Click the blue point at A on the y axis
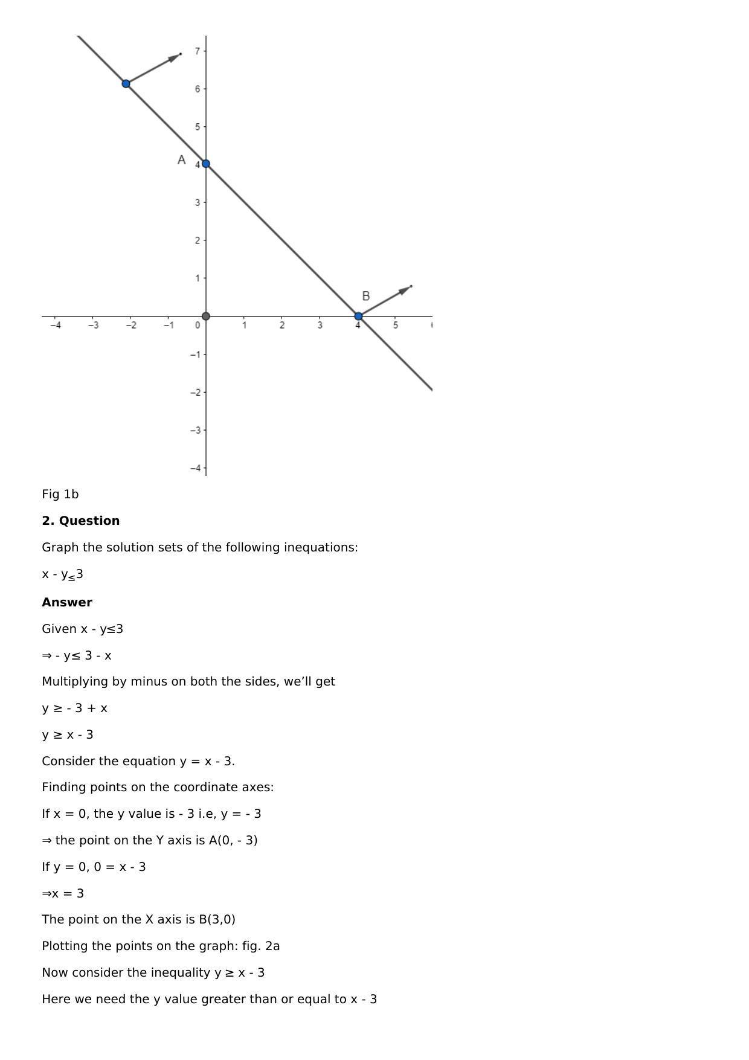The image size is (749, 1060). [x=206, y=164]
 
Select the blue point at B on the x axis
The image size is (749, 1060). [x=358, y=316]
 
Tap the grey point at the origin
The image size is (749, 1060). [x=206, y=316]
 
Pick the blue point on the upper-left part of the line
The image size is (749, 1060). [x=126, y=83]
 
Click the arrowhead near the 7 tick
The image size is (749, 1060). [x=174, y=57]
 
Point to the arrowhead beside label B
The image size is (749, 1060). [x=405, y=290]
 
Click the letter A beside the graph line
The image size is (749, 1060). [x=181, y=160]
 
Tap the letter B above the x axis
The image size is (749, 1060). [x=365, y=296]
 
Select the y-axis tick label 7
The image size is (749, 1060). [x=198, y=51]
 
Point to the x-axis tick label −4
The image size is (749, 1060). [x=56, y=326]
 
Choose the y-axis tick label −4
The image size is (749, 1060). [x=195, y=468]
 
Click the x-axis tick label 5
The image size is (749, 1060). [x=396, y=326]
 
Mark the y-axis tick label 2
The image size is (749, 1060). [x=198, y=240]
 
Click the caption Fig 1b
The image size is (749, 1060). [x=60, y=494]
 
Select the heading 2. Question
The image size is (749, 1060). [x=80, y=521]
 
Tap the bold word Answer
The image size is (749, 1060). [x=67, y=602]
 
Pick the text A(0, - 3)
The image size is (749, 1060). [x=233, y=840]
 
